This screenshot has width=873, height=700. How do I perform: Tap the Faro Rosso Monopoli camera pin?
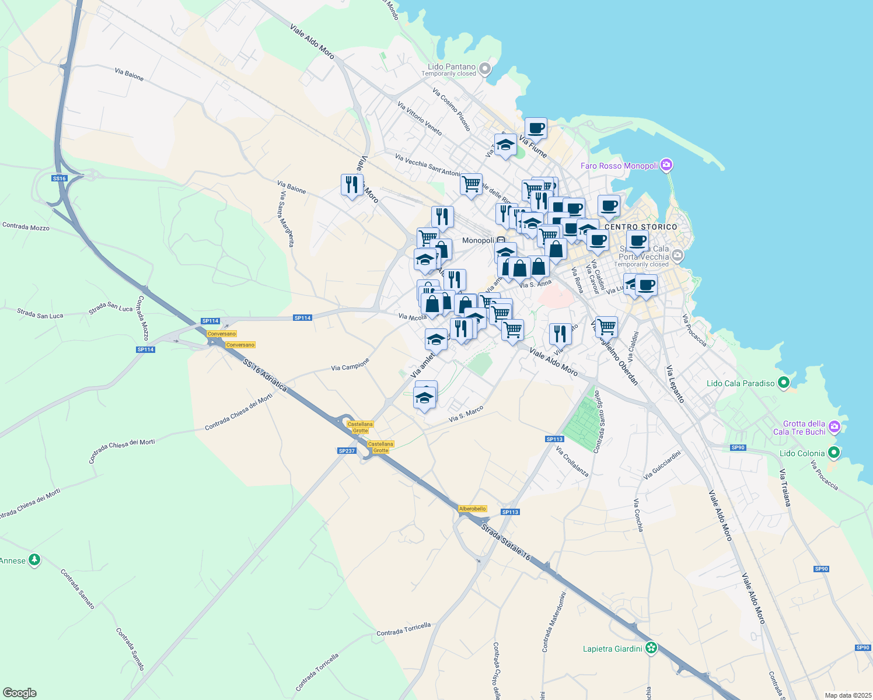coord(667,166)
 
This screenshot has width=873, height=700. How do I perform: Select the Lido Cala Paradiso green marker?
coord(784,383)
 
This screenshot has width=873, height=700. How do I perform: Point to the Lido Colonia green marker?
coord(834,453)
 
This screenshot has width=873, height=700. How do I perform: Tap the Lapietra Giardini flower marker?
coord(651,647)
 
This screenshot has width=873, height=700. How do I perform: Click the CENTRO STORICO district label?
coord(641,227)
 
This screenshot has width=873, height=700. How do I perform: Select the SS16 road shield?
coord(59,178)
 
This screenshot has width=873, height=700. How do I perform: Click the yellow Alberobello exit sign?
coord(473,509)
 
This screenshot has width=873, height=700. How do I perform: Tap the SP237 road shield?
coord(347,451)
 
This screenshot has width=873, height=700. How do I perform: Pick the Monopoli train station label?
coord(478,240)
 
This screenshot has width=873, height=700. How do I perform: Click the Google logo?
coord(19,693)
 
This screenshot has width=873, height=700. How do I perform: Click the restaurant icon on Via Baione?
coord(352,184)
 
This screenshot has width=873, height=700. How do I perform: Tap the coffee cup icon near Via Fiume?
coord(536,128)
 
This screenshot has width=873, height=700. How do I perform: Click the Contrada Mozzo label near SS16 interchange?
coord(26,226)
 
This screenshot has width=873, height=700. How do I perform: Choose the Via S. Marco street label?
coord(466,414)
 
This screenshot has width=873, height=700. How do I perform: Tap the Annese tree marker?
coord(34,560)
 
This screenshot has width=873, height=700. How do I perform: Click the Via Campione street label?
coord(350,365)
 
